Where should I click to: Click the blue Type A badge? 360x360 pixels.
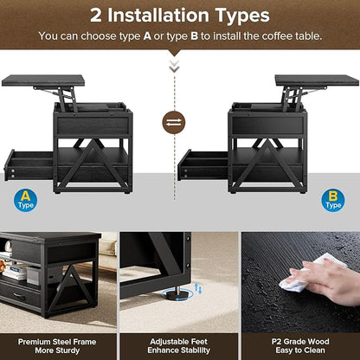tap(26, 201)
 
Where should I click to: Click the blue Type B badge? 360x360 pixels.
tap(333, 200)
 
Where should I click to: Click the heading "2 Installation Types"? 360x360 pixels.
tap(180, 16)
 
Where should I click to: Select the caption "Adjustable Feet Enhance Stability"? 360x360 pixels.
tap(180, 345)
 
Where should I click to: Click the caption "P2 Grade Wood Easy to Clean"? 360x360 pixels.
tap(300, 345)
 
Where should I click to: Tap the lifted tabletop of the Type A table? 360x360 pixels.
tap(42, 80)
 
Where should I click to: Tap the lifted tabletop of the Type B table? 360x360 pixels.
tap(316, 80)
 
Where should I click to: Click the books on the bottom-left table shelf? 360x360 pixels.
tap(16, 272)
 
